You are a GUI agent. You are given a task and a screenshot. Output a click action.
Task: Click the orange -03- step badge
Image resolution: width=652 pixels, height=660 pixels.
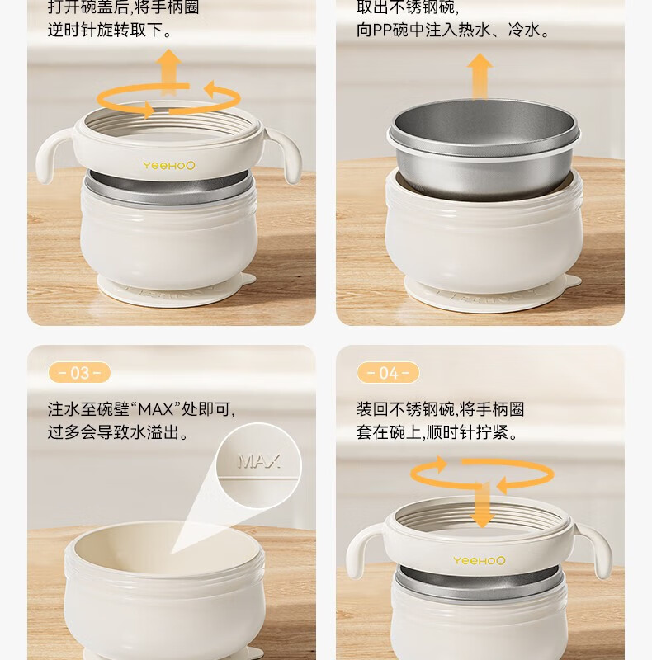(79, 373)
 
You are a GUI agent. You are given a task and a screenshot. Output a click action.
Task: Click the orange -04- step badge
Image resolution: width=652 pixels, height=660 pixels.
(388, 373)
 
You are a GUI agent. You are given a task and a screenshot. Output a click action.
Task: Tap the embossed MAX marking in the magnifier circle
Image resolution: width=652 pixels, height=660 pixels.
(258, 461)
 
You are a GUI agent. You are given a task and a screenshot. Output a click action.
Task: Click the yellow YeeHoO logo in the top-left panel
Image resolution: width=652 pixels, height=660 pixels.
(169, 166)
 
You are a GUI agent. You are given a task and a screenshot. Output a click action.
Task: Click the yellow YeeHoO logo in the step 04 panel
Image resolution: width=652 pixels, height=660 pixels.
(479, 560)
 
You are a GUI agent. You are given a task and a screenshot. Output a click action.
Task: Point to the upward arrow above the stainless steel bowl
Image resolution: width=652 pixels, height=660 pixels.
(480, 76)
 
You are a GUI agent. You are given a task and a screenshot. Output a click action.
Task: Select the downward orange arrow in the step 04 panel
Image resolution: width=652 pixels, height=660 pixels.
(482, 505)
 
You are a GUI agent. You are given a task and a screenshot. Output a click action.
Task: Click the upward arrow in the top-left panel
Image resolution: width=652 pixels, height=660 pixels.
(168, 72)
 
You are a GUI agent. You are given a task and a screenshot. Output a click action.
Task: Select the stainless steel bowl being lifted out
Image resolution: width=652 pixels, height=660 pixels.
(484, 148)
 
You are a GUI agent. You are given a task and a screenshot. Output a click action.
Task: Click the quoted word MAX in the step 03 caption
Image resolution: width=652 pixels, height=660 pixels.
(156, 409)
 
